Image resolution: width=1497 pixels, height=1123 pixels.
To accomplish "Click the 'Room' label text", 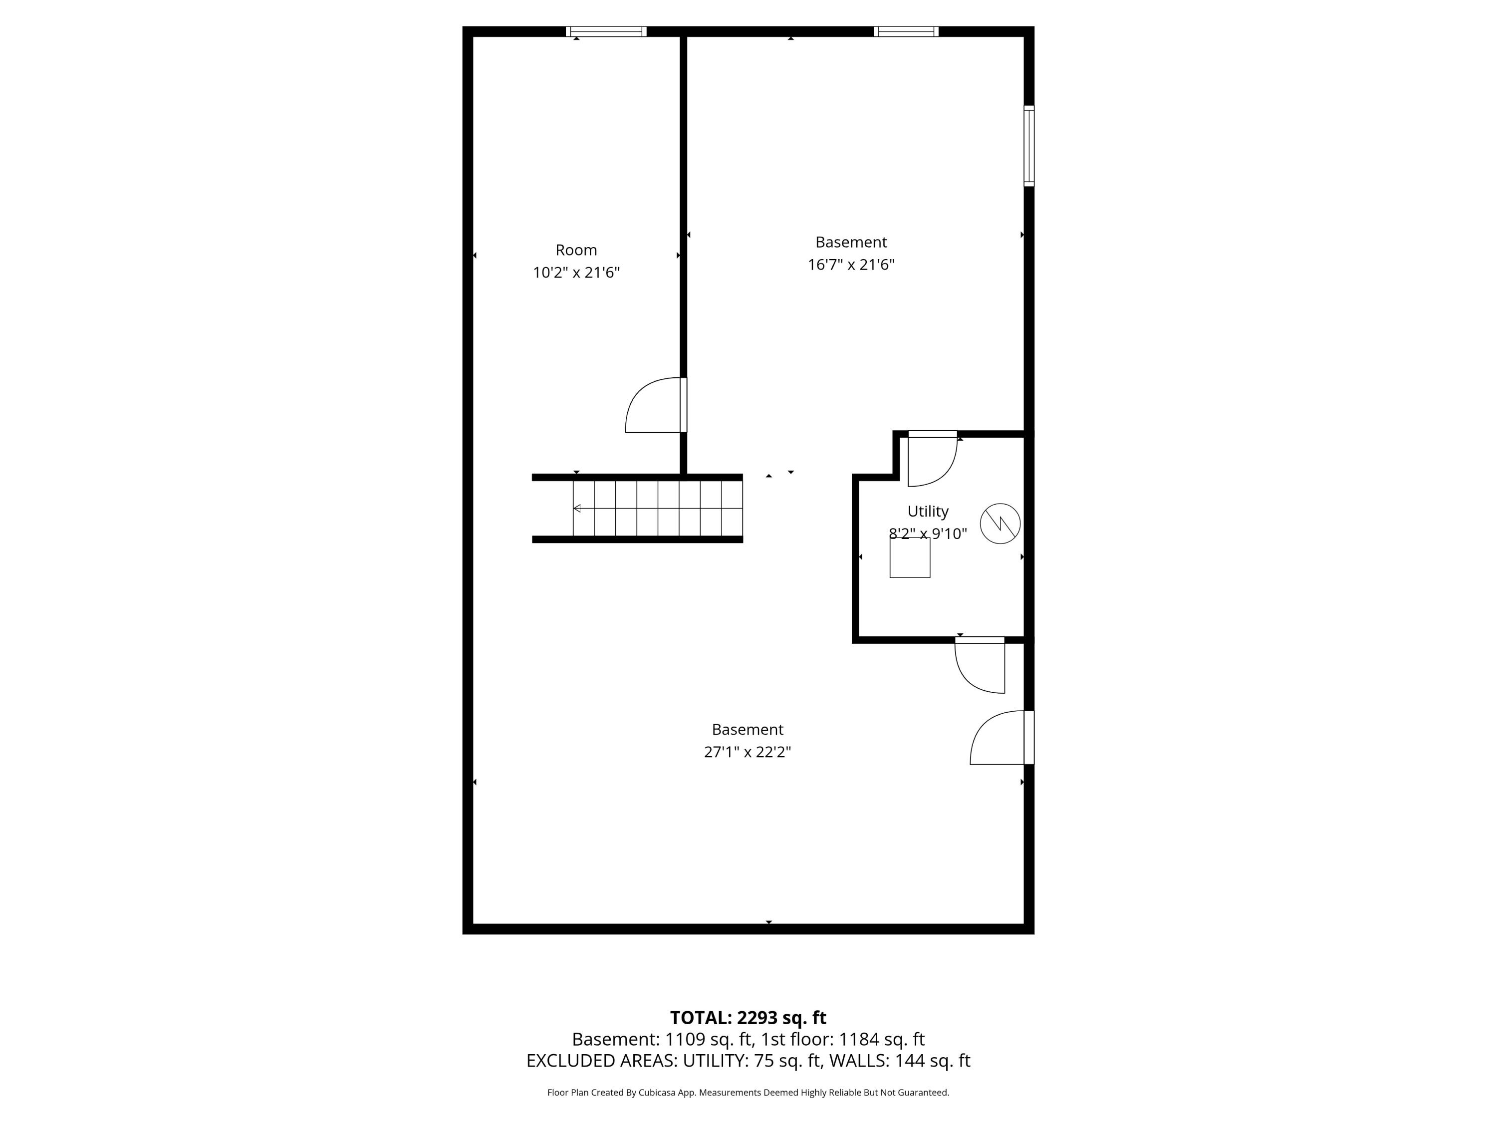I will pos(576,250).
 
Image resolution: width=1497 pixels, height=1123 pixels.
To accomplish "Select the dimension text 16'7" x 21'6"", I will pos(851,265).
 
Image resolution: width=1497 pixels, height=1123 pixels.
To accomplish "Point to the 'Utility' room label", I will pos(928,511).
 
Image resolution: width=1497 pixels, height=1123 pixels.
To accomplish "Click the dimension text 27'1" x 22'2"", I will pos(747,752).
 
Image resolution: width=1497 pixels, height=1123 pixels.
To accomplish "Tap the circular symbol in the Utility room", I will pos(999,523).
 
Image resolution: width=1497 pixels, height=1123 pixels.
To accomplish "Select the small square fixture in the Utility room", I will pos(910,558).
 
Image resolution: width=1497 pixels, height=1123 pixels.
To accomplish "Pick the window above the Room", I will pos(606,31).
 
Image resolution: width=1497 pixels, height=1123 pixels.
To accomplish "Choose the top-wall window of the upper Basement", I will pos(906,31).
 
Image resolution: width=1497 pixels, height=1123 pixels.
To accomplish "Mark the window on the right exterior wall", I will pos(1028,146).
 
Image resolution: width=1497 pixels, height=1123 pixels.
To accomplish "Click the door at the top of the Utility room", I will pos(932,460).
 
